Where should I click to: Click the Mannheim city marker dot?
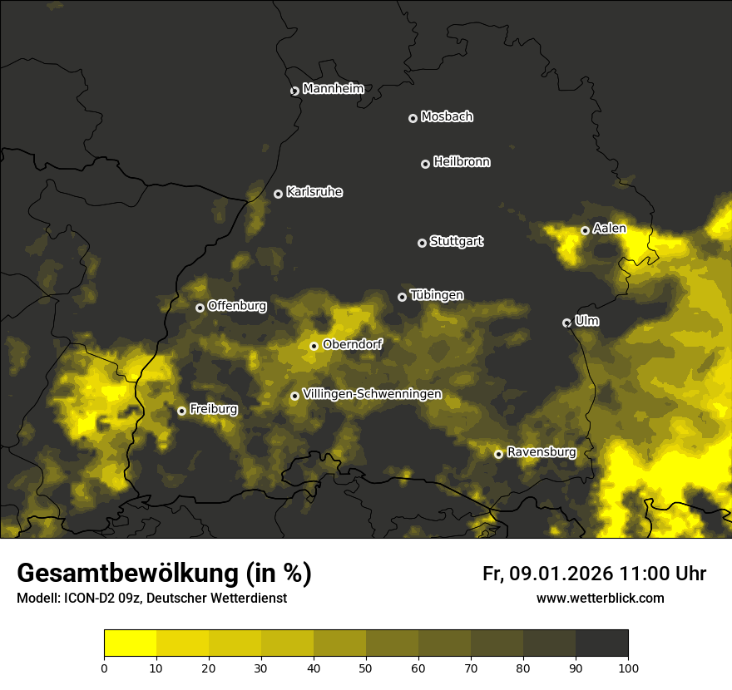click(x=294, y=91)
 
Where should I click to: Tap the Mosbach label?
click(x=447, y=117)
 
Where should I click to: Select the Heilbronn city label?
click(x=462, y=162)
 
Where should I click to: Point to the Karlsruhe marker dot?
click(x=279, y=194)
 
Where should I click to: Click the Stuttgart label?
click(x=456, y=242)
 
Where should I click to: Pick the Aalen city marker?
click(x=586, y=230)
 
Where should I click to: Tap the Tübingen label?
click(x=437, y=295)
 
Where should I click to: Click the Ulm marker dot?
click(x=567, y=323)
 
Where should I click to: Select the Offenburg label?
click(x=237, y=306)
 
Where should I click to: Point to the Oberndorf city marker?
click(x=314, y=346)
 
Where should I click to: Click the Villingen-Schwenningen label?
click(x=372, y=394)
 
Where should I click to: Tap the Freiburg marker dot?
click(x=182, y=411)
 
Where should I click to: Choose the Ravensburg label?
click(x=541, y=452)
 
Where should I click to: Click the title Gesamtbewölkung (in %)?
click(x=164, y=574)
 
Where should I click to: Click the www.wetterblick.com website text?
click(x=600, y=598)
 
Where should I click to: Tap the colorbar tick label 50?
click(x=366, y=667)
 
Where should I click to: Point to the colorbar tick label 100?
click(x=627, y=667)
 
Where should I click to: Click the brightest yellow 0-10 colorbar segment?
click(x=131, y=643)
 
